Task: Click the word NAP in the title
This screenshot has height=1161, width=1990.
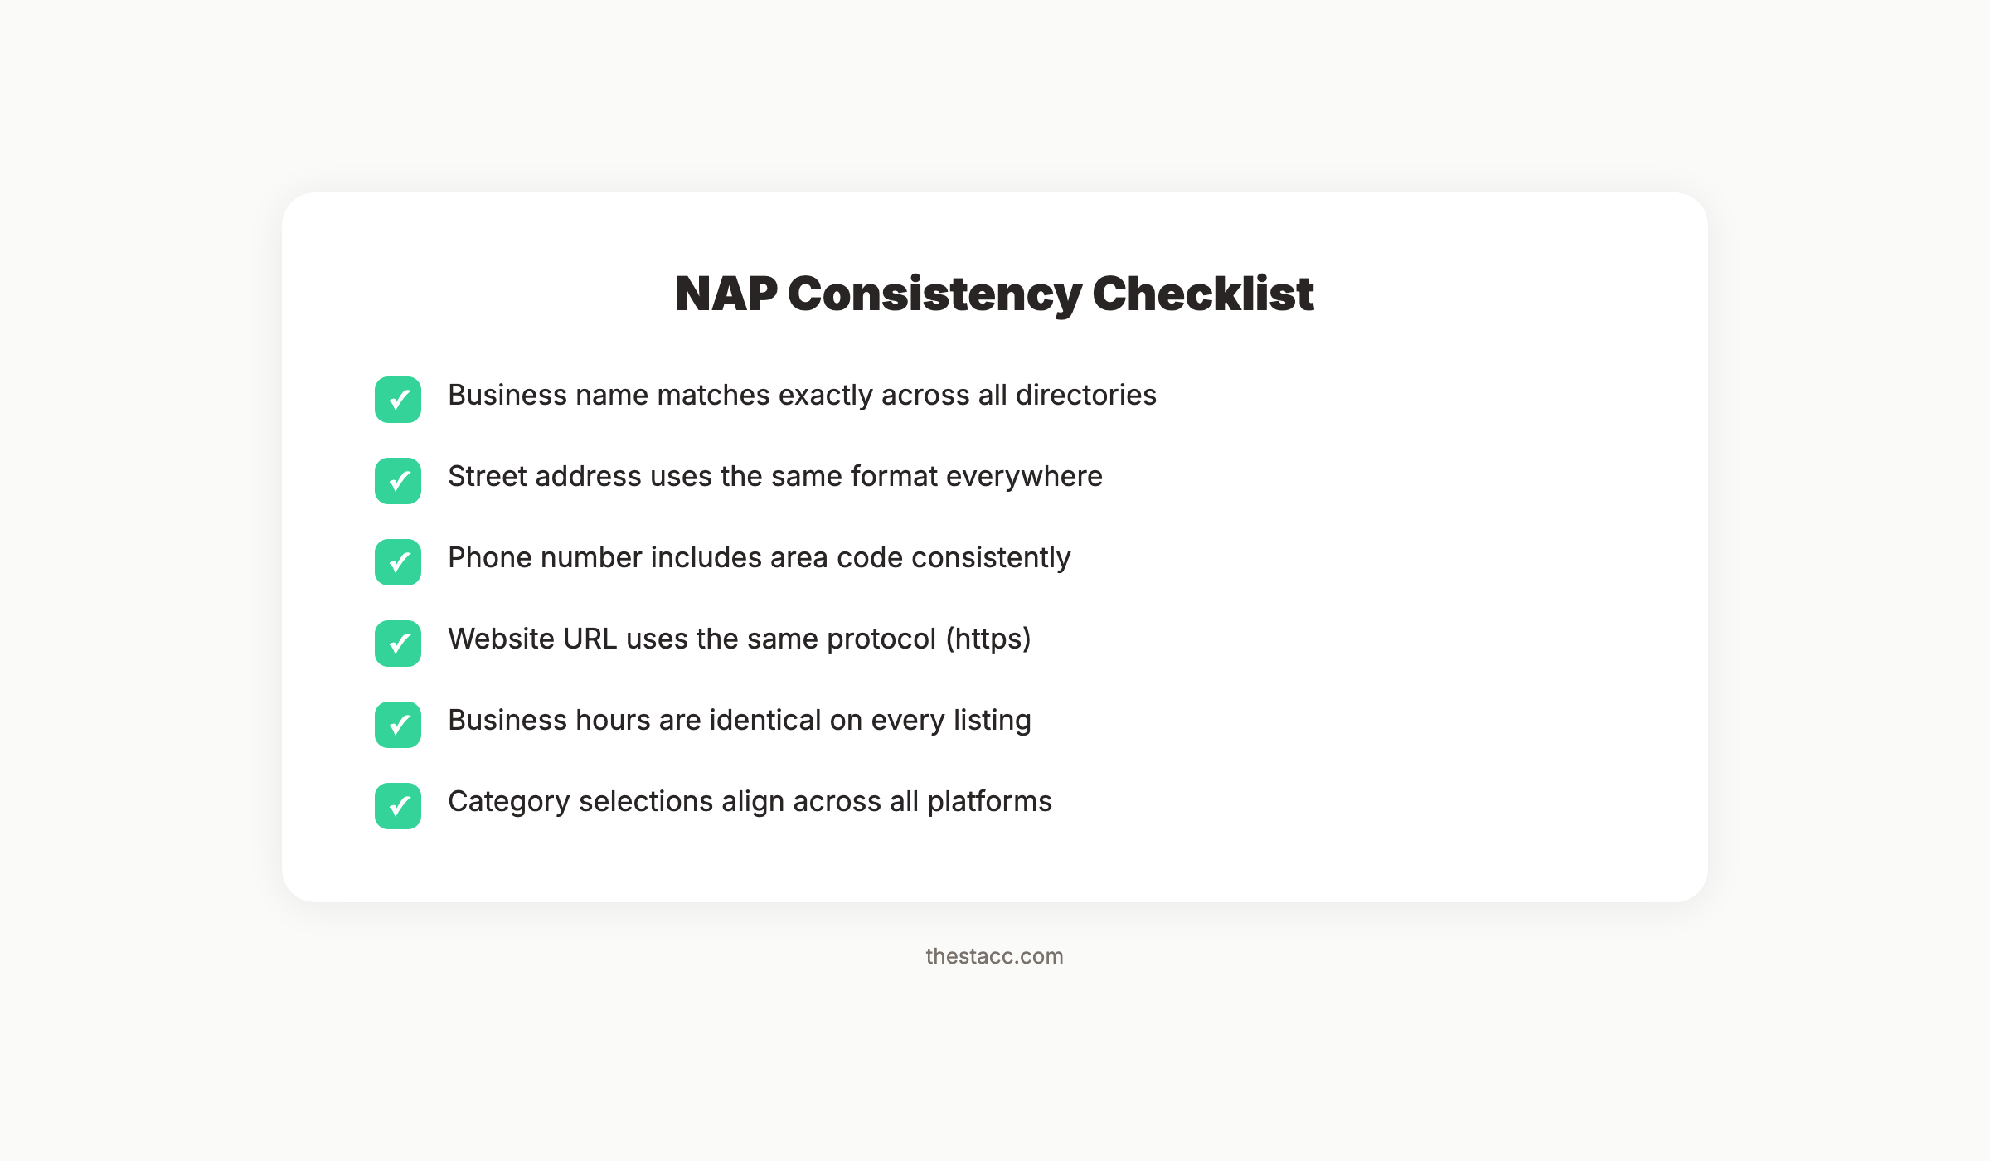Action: [726, 294]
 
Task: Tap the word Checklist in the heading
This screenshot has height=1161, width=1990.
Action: [1202, 294]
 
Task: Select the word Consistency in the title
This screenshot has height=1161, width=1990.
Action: [934, 294]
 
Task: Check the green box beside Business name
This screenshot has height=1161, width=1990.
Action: [398, 400]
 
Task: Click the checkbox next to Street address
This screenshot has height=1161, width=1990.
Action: [398, 481]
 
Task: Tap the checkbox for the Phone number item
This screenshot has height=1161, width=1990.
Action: [398, 562]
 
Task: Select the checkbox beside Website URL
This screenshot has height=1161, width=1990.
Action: [398, 644]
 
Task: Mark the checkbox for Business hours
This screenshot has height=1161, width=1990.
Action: [398, 725]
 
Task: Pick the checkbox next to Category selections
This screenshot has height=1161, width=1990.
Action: [398, 806]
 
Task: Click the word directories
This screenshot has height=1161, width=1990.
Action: [1085, 396]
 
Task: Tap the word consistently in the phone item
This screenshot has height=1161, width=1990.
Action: [991, 558]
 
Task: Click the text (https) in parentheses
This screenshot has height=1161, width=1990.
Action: [988, 639]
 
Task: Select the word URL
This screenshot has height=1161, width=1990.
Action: [590, 639]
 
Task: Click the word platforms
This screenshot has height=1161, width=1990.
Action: [989, 802]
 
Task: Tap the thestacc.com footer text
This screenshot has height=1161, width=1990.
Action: [994, 956]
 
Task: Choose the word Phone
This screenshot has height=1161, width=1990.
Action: [489, 558]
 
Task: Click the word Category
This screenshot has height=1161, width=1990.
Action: [508, 802]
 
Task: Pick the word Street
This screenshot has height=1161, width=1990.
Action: [487, 477]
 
